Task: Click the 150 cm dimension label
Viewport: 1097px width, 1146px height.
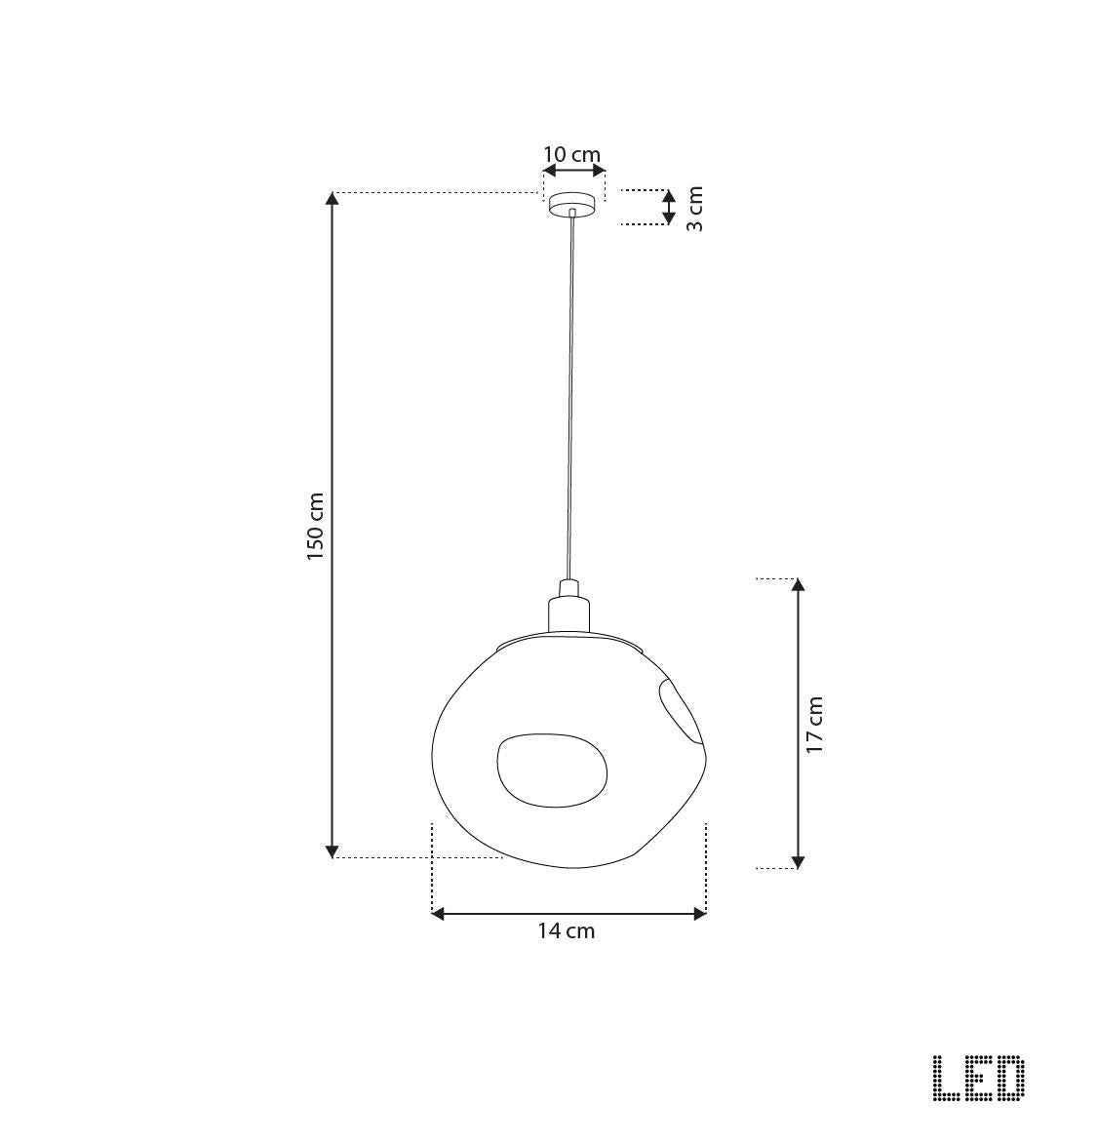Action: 315,526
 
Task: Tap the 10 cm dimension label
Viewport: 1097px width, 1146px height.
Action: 571,154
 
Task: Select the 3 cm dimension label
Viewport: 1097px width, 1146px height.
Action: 694,208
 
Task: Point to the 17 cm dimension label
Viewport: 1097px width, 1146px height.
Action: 815,724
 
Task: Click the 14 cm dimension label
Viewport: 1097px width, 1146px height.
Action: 567,930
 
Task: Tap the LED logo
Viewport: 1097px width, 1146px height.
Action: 978,1079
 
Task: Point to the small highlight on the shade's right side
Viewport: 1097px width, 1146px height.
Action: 680,711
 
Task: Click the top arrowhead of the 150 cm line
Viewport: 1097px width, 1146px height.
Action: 333,199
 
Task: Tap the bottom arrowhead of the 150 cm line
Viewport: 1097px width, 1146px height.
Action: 333,850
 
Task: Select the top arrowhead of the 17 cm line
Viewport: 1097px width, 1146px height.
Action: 798,585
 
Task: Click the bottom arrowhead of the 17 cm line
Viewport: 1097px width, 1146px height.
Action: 798,861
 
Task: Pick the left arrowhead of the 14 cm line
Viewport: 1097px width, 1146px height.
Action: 439,914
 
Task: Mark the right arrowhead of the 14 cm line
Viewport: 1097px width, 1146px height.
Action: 698,914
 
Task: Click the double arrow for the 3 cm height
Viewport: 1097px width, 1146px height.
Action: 668,207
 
